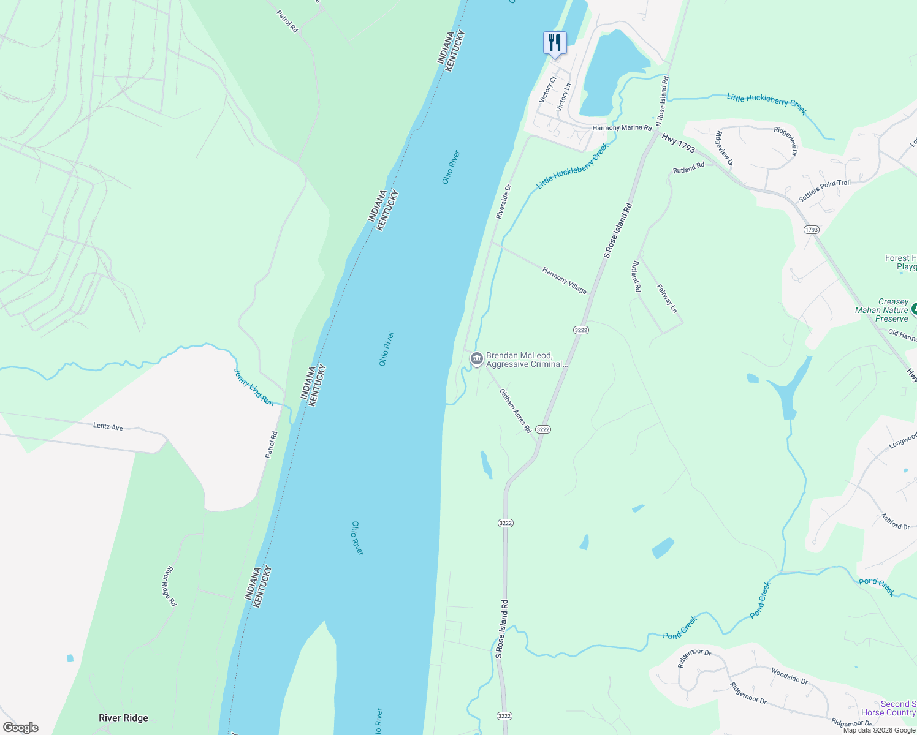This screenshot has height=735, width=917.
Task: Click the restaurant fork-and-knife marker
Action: click(x=555, y=43)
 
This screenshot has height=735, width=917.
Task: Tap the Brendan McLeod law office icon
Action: click(x=477, y=360)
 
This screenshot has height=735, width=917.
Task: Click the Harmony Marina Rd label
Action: click(x=622, y=128)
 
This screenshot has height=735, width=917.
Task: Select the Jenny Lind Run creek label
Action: click(x=254, y=387)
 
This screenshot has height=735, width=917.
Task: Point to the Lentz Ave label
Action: click(x=108, y=426)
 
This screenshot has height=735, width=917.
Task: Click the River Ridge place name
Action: click(x=123, y=718)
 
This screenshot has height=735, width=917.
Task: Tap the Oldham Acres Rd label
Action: click(x=515, y=411)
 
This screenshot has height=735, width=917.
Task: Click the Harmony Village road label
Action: click(x=564, y=280)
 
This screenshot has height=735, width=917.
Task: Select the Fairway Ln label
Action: click(x=667, y=298)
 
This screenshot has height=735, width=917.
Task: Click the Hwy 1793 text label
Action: click(x=679, y=144)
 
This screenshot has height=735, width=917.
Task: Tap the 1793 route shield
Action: click(x=811, y=230)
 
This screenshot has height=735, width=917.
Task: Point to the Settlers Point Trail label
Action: click(x=824, y=191)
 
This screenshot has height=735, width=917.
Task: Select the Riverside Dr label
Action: click(x=503, y=202)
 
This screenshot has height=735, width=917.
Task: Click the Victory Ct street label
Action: click(x=547, y=89)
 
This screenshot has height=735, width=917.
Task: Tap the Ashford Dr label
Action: click(x=895, y=521)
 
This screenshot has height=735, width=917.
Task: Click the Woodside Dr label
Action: click(x=789, y=676)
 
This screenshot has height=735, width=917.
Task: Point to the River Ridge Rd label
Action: click(x=169, y=586)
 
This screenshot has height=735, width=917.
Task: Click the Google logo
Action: click(x=21, y=728)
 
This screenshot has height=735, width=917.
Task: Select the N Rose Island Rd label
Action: click(x=663, y=101)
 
